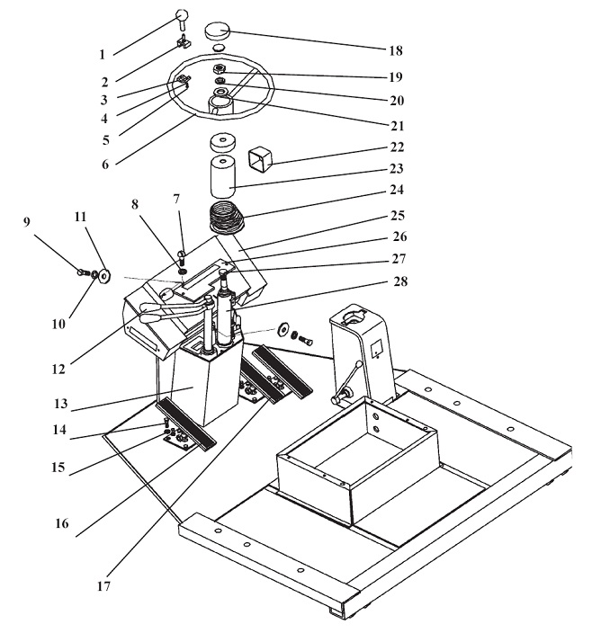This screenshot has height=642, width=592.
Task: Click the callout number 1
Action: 103,54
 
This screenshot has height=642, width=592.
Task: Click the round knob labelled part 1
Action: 182,14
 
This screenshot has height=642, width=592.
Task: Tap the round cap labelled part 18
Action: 220,31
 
